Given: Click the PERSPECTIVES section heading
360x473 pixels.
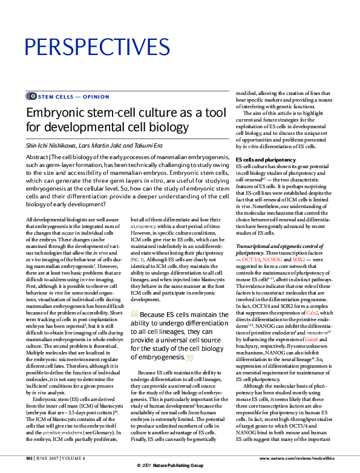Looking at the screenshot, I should [x=97, y=47].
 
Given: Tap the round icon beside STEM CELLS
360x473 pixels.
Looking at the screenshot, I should [x=31, y=96].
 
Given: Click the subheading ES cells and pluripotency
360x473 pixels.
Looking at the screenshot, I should [x=266, y=160].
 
